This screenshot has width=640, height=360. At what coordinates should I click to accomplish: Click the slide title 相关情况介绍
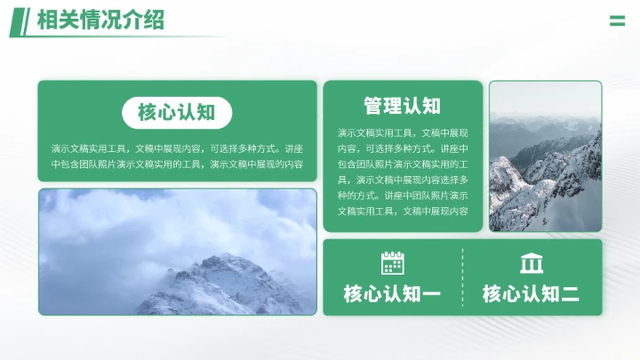(100, 20)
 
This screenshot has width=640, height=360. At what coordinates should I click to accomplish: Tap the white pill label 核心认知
(177, 113)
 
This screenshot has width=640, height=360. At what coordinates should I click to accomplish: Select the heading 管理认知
(402, 106)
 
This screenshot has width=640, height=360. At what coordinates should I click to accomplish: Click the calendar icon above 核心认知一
(392, 263)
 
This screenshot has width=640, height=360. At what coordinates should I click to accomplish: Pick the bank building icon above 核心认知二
(532, 263)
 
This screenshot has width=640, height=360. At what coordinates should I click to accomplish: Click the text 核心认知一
(392, 294)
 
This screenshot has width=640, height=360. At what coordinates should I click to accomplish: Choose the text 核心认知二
(531, 294)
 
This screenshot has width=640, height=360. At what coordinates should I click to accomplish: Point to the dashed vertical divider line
(462, 277)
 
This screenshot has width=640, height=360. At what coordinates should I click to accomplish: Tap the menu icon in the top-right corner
(617, 20)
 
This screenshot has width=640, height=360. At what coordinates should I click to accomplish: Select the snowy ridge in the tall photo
(542, 178)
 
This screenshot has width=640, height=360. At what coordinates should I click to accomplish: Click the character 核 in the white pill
(148, 113)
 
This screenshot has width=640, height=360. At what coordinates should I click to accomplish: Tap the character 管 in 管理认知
(373, 106)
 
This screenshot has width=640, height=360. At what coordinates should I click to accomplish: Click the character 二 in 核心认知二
(570, 294)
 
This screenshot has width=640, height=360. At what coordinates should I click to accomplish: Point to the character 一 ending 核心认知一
(431, 294)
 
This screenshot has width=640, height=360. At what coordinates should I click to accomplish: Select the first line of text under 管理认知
(402, 132)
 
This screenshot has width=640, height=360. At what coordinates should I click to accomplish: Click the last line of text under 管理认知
(402, 211)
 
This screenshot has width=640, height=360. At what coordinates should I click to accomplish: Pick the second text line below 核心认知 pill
(177, 164)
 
